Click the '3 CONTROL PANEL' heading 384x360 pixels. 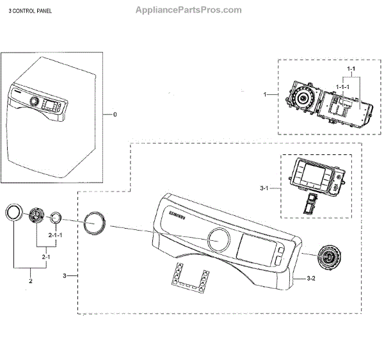pos(31,12)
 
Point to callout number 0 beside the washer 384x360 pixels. pos(115,115)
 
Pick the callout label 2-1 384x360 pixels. pos(45,258)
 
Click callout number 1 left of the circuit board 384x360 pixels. pos(265,94)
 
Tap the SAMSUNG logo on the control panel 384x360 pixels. pos(179,216)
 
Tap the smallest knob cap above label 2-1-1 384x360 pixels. pos(56,218)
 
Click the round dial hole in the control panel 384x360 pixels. pos(218,240)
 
